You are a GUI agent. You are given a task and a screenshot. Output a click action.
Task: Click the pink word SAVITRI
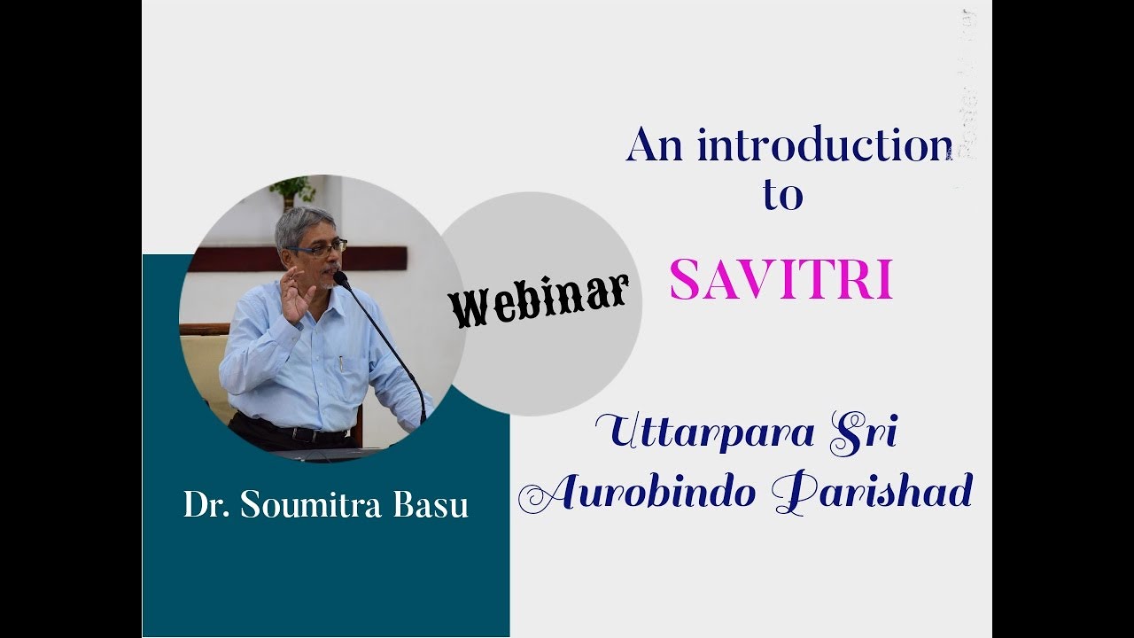coord(781,280)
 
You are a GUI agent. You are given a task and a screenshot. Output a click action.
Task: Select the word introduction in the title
coord(825,144)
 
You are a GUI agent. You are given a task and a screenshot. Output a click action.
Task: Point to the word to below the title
coord(782,194)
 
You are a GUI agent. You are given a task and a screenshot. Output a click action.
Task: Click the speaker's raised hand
coord(293,296)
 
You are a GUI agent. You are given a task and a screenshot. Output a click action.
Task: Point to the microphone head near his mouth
coord(340,279)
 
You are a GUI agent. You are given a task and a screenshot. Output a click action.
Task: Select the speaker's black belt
coord(292,434)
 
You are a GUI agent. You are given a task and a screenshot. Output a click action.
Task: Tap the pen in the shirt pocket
coord(341,363)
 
